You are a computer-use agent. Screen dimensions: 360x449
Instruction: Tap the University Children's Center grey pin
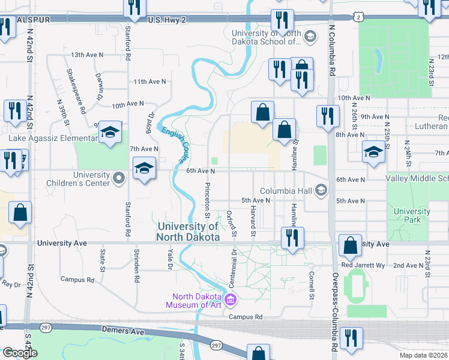point(118,177)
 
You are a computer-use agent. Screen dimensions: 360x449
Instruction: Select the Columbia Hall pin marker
point(321,191)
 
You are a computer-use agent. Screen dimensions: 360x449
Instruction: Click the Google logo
point(20,353)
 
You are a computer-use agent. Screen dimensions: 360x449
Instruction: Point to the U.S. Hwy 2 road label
point(168,20)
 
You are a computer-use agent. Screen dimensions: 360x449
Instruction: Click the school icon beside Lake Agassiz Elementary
point(110,133)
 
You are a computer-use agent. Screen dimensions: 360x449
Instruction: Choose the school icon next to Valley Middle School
point(373,151)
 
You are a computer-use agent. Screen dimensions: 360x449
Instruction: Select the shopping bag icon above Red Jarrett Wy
point(350,245)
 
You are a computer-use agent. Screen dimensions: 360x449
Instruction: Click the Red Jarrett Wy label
point(363,265)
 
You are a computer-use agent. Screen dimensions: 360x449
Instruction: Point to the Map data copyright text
point(423,355)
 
